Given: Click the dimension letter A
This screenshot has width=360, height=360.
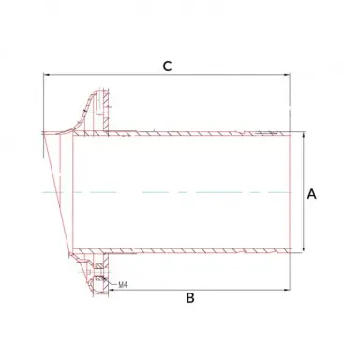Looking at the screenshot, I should click(x=312, y=194).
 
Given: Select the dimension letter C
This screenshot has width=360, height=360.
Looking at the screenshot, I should click(x=167, y=66).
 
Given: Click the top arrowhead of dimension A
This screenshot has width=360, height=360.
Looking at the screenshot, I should click(x=303, y=135).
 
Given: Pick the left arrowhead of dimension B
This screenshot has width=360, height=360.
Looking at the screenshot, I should click(x=112, y=287).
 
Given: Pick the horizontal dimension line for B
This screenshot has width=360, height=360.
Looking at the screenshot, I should click(x=234, y=287).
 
